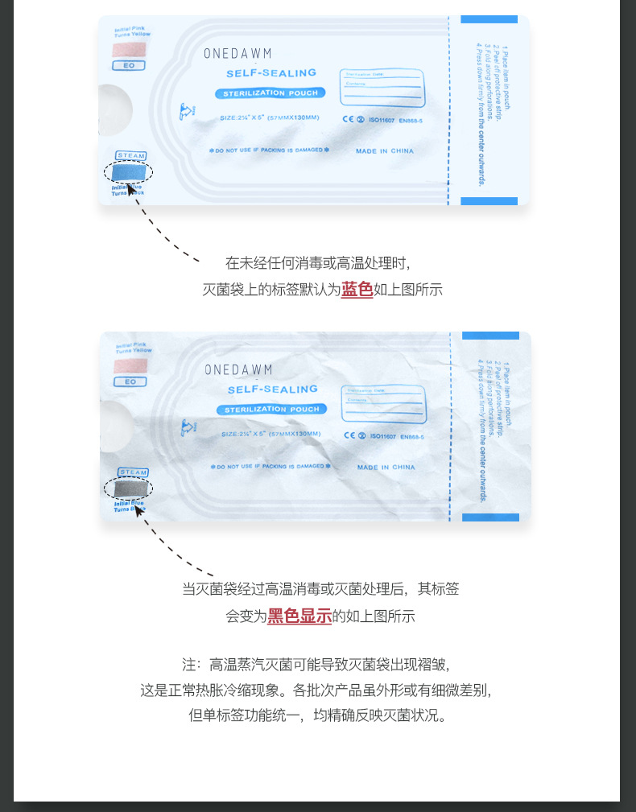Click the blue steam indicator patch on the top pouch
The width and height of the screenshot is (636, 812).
pyautogui.click(x=129, y=172)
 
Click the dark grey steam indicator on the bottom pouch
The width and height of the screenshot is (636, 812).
pyautogui.click(x=130, y=488)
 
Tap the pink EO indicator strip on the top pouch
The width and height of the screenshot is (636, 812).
pyautogui.click(x=129, y=49)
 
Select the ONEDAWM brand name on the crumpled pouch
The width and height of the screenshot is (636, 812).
pyautogui.click(x=238, y=370)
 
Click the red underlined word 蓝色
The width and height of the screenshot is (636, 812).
pyautogui.click(x=357, y=290)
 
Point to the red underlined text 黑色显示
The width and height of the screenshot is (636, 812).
pyautogui.click(x=299, y=616)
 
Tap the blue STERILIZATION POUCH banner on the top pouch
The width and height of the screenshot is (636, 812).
pyautogui.click(x=271, y=93)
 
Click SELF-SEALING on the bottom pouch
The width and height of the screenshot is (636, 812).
pyautogui.click(x=272, y=390)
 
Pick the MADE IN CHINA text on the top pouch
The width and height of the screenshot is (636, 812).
pyautogui.click(x=384, y=151)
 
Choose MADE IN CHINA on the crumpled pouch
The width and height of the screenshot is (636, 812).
pyautogui.click(x=386, y=467)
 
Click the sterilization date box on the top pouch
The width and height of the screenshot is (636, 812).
pyautogui.click(x=382, y=87)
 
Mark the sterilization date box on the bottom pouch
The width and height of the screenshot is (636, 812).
pyautogui.click(x=383, y=402)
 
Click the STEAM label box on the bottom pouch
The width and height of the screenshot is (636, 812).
pyautogui.click(x=133, y=472)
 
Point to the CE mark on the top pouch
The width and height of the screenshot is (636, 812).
pyautogui.click(x=349, y=120)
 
